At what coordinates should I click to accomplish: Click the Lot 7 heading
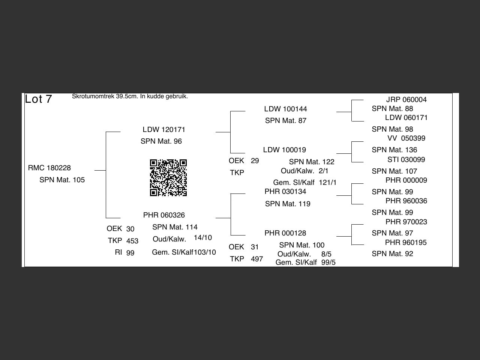38,99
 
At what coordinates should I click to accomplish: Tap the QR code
168,178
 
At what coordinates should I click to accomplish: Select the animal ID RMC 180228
49,168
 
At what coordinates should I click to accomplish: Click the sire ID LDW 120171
164,130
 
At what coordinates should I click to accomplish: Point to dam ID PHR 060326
164,215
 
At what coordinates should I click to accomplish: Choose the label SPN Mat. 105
62,180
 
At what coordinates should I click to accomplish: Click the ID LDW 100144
285,109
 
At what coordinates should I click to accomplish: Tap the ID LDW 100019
285,150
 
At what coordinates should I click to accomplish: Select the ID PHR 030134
285,192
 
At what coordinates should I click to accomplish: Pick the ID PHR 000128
285,233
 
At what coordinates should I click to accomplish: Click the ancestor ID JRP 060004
406,100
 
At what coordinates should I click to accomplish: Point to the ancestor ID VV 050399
406,138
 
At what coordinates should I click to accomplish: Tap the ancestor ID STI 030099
406,160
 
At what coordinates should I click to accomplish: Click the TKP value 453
132,241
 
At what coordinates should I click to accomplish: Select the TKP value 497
257,259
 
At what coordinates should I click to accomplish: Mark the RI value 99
130,253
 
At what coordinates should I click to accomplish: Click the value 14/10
203,238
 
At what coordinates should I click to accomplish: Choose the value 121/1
328,183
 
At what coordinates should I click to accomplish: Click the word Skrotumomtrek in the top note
93,96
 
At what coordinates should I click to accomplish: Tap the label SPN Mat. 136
394,150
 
